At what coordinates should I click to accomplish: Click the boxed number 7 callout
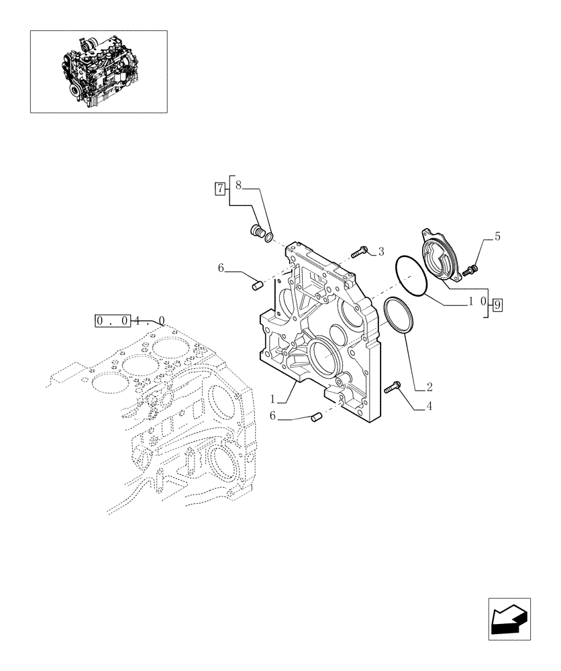coord(219,189)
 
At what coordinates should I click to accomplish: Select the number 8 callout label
coord(238,185)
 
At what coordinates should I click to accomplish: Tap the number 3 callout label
coord(380,252)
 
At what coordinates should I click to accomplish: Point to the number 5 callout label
coord(497,236)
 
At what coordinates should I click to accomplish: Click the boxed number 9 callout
coord(497,306)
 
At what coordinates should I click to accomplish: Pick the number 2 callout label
coord(429,387)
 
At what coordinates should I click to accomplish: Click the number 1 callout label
coord(273,399)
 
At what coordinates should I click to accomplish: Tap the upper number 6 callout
coord(221,268)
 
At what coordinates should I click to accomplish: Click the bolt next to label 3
coord(360,252)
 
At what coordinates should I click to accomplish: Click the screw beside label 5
coord(472,270)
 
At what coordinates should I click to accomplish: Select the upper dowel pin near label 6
coord(255,287)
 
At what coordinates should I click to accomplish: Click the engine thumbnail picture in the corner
coord(99,71)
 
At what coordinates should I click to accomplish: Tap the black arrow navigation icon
coord(509,618)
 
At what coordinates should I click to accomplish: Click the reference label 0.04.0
coord(130,321)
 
